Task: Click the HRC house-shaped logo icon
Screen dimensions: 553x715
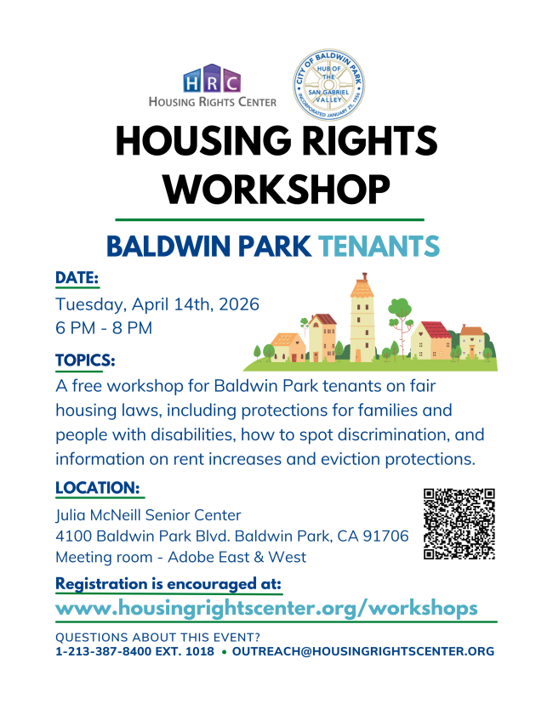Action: point(212,78)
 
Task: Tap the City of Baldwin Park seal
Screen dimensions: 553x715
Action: point(328,85)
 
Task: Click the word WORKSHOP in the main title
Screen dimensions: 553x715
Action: point(276,190)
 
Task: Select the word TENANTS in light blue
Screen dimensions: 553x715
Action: point(379,247)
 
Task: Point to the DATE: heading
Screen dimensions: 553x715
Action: point(77,278)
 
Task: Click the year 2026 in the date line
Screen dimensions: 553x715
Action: point(239,304)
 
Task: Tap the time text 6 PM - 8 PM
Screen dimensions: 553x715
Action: point(104,328)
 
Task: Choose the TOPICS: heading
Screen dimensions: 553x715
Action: point(85,360)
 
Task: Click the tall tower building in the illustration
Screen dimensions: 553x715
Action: point(362,318)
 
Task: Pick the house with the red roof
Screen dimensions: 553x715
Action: point(431,340)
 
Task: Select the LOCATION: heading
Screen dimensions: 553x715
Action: point(98,488)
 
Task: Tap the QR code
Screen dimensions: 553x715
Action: point(459,524)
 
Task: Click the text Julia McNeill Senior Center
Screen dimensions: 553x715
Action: point(148,515)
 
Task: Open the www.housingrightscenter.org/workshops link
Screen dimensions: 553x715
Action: point(266,609)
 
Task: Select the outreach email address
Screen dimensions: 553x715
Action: point(363,651)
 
